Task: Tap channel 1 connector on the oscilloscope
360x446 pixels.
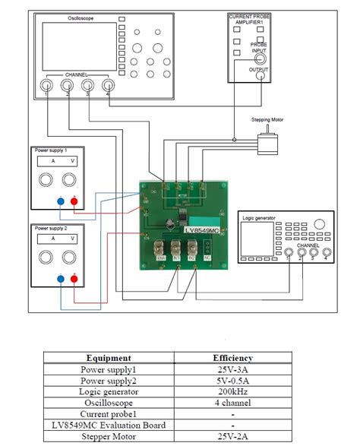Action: tap(47, 87)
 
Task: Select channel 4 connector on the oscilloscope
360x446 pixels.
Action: tap(107, 87)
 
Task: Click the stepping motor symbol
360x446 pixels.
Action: tap(265, 144)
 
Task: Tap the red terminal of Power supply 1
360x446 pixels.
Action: tap(74, 201)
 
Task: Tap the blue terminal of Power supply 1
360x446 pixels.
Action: tap(60, 201)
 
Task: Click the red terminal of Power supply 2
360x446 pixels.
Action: tap(74, 279)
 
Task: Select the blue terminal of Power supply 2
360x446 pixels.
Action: tap(60, 279)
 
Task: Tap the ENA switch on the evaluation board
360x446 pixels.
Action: tap(161, 248)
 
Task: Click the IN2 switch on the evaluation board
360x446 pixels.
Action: tap(191, 248)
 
